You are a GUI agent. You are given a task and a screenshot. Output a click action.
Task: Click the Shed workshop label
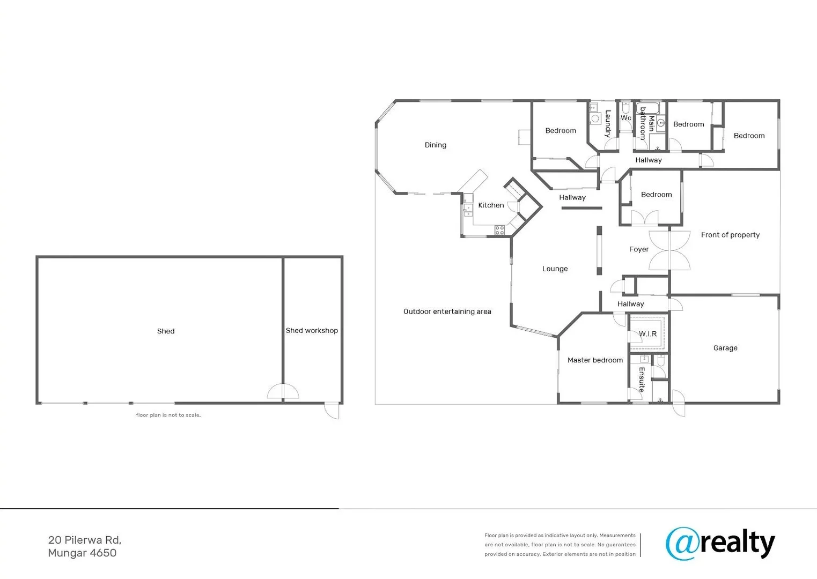click(x=312, y=331)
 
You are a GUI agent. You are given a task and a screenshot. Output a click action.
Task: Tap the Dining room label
click(x=435, y=145)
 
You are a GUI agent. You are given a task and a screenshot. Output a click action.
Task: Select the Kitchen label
click(x=491, y=205)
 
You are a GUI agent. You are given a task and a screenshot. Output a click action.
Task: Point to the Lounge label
click(x=555, y=269)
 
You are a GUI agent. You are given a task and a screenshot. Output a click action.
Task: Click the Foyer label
click(x=639, y=249)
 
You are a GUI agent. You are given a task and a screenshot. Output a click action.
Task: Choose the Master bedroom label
click(x=595, y=360)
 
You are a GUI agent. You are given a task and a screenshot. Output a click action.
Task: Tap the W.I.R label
click(x=647, y=333)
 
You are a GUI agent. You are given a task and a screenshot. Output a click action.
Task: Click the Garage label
click(x=725, y=348)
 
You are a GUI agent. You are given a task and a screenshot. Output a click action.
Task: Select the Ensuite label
click(x=642, y=379)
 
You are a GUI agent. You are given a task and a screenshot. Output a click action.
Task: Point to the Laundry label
click(x=608, y=124)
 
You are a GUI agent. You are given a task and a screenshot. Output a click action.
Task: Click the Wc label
click(x=625, y=118)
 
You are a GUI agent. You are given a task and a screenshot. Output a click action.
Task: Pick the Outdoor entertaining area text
click(x=447, y=311)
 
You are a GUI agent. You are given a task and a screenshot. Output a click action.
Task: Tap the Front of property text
click(x=730, y=235)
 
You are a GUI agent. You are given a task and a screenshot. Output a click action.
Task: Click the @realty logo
click(x=720, y=544)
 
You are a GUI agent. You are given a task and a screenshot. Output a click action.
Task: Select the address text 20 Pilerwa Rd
click(x=85, y=540)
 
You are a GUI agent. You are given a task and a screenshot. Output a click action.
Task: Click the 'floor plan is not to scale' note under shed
click(x=168, y=415)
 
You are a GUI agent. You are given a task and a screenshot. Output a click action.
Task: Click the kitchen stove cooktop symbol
click(x=499, y=230)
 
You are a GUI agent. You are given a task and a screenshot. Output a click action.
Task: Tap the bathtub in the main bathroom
click(x=647, y=108)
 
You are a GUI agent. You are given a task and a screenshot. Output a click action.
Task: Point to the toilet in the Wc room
click(x=625, y=108)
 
